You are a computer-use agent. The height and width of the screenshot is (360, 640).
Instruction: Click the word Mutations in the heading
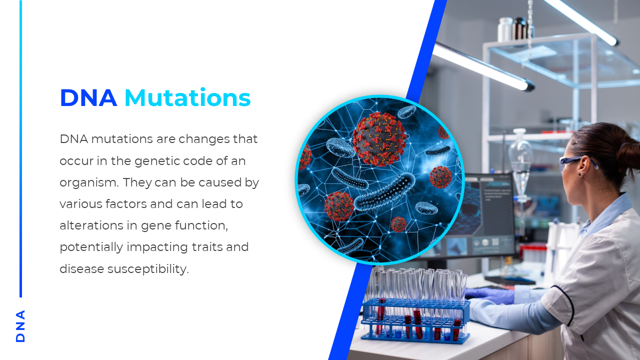pos(187,97)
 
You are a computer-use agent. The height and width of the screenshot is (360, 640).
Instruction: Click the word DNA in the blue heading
pos(88,98)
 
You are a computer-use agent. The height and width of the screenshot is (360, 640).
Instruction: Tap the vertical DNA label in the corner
pos(20,326)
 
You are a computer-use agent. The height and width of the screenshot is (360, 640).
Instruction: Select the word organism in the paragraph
pos(89,183)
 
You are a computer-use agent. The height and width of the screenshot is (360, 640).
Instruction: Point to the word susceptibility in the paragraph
pos(148,269)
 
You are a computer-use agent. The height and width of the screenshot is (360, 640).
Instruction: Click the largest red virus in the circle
pos(379,139)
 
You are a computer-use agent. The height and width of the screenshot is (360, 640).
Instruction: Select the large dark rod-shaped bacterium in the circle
pos(384,192)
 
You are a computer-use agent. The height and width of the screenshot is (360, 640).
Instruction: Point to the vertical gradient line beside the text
pos(20,148)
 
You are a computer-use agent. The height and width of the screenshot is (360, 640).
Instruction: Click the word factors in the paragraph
pos(126,204)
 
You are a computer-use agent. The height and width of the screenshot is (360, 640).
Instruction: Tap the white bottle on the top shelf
pos(505,29)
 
